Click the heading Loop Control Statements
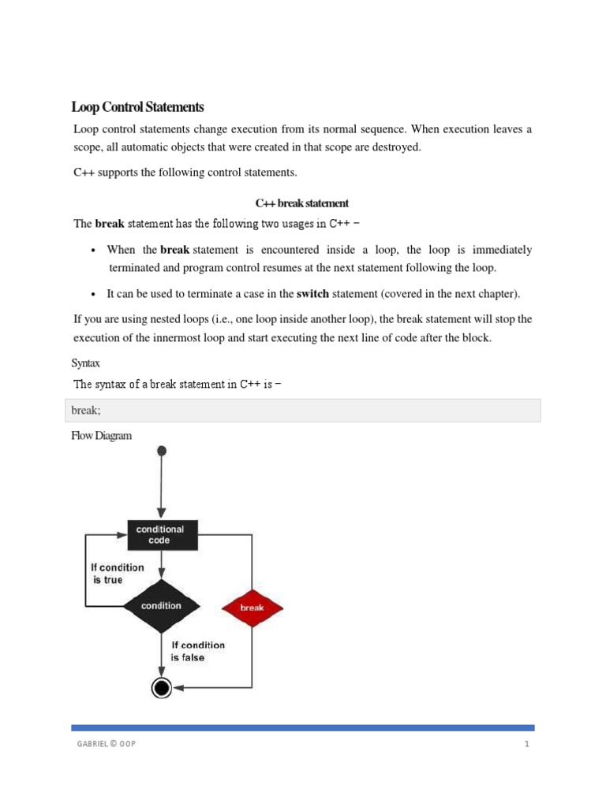(x=138, y=107)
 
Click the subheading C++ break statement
(x=302, y=203)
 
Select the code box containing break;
(x=303, y=411)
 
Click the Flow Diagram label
(x=102, y=435)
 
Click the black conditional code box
(x=161, y=535)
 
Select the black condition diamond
(x=161, y=606)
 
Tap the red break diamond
(x=252, y=608)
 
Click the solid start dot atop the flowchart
(x=162, y=451)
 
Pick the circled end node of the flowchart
(x=162, y=688)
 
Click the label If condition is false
(x=197, y=651)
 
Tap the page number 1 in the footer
(x=526, y=745)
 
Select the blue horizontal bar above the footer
(x=303, y=727)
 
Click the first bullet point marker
(x=94, y=251)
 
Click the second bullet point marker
(x=94, y=294)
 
